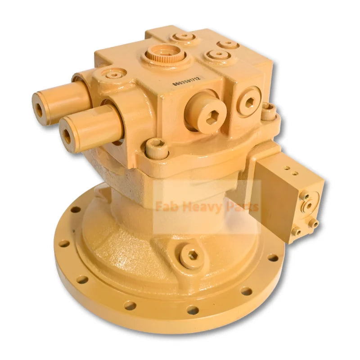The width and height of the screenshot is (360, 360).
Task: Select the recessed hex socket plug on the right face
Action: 249,102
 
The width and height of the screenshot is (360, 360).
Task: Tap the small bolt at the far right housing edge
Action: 269,109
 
